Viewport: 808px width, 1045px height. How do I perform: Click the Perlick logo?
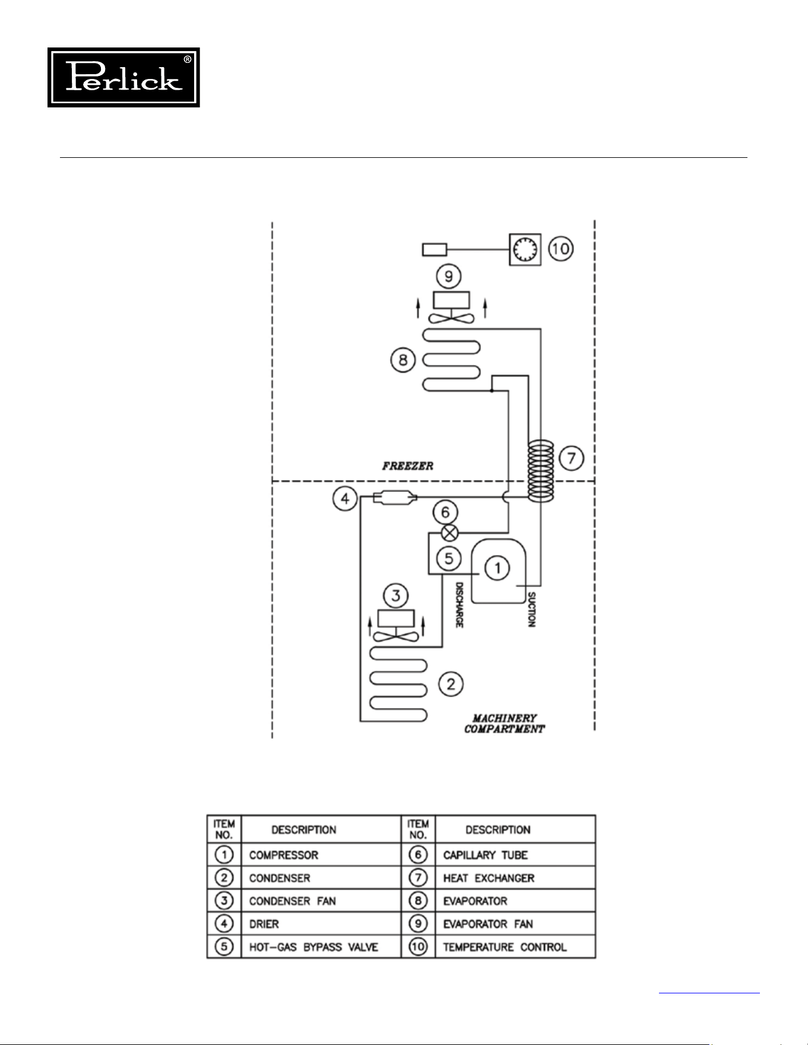coord(123,77)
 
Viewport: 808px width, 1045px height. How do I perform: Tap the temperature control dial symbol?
coord(525,249)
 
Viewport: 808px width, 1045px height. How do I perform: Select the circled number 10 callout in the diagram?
coord(560,248)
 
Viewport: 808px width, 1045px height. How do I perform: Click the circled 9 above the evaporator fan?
coord(449,277)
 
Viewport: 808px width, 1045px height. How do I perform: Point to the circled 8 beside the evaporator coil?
coord(403,360)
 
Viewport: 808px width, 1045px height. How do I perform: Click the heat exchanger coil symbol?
coord(541,472)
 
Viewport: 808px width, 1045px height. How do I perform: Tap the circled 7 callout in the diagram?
coord(571,458)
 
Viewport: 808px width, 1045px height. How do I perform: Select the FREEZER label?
coord(408,466)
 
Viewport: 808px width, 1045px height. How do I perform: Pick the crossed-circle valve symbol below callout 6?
coord(450,532)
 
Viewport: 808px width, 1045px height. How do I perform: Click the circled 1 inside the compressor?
coord(498,568)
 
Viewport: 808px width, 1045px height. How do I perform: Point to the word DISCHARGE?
coord(459,605)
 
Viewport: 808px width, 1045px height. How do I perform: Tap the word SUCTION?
coord(531,609)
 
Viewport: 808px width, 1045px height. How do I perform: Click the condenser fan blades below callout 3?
coord(396,637)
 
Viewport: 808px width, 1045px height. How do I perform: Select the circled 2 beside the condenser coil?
coord(451,684)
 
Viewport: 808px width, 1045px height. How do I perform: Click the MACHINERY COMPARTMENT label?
coord(504,723)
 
